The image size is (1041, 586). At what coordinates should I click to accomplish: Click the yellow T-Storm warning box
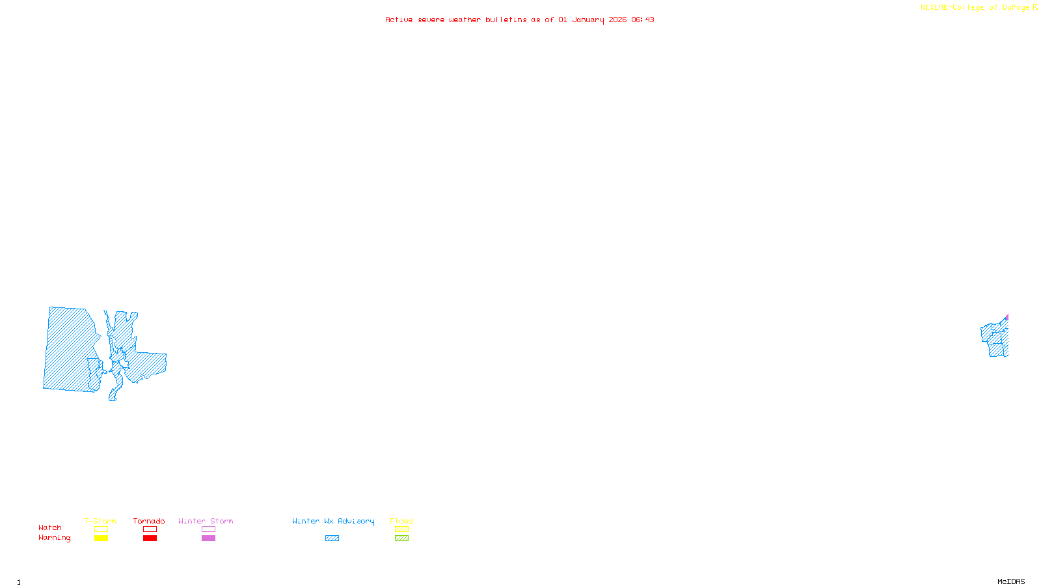[x=101, y=538]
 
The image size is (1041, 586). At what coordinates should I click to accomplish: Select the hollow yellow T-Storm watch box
[x=101, y=529]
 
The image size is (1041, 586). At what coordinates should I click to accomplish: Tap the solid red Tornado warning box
[x=150, y=538]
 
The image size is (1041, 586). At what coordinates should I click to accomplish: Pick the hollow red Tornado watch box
[x=150, y=529]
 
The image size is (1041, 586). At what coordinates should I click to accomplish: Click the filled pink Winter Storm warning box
[x=208, y=538]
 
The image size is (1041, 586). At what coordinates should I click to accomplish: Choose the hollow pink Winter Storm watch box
[x=208, y=529]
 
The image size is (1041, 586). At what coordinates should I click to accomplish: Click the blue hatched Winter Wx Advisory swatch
[x=332, y=538]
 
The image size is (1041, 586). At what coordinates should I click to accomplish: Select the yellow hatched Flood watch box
[x=401, y=529]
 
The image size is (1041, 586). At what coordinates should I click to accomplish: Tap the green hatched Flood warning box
[x=401, y=538]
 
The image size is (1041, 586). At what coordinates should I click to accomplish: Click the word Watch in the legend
[x=50, y=528]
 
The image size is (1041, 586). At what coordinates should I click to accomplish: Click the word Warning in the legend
[x=54, y=538]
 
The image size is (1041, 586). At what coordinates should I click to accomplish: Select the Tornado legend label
[x=149, y=521]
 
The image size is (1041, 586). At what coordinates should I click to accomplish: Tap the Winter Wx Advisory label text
[x=333, y=521]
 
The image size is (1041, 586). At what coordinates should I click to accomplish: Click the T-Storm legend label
[x=100, y=521]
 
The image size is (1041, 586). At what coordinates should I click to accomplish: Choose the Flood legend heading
[x=401, y=521]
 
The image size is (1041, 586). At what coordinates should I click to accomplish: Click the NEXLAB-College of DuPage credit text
[x=975, y=8]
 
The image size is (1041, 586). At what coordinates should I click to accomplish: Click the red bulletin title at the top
[x=519, y=20]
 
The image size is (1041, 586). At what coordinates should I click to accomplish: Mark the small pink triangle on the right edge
[x=1007, y=318]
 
